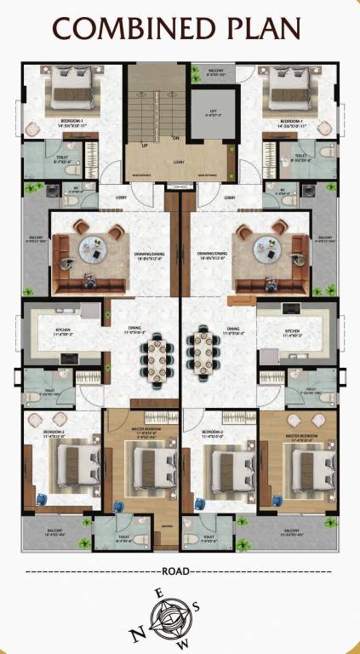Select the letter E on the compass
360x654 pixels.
158,593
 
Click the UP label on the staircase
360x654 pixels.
145,146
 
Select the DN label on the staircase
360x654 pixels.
174,138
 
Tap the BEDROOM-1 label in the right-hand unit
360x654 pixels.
292,122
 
